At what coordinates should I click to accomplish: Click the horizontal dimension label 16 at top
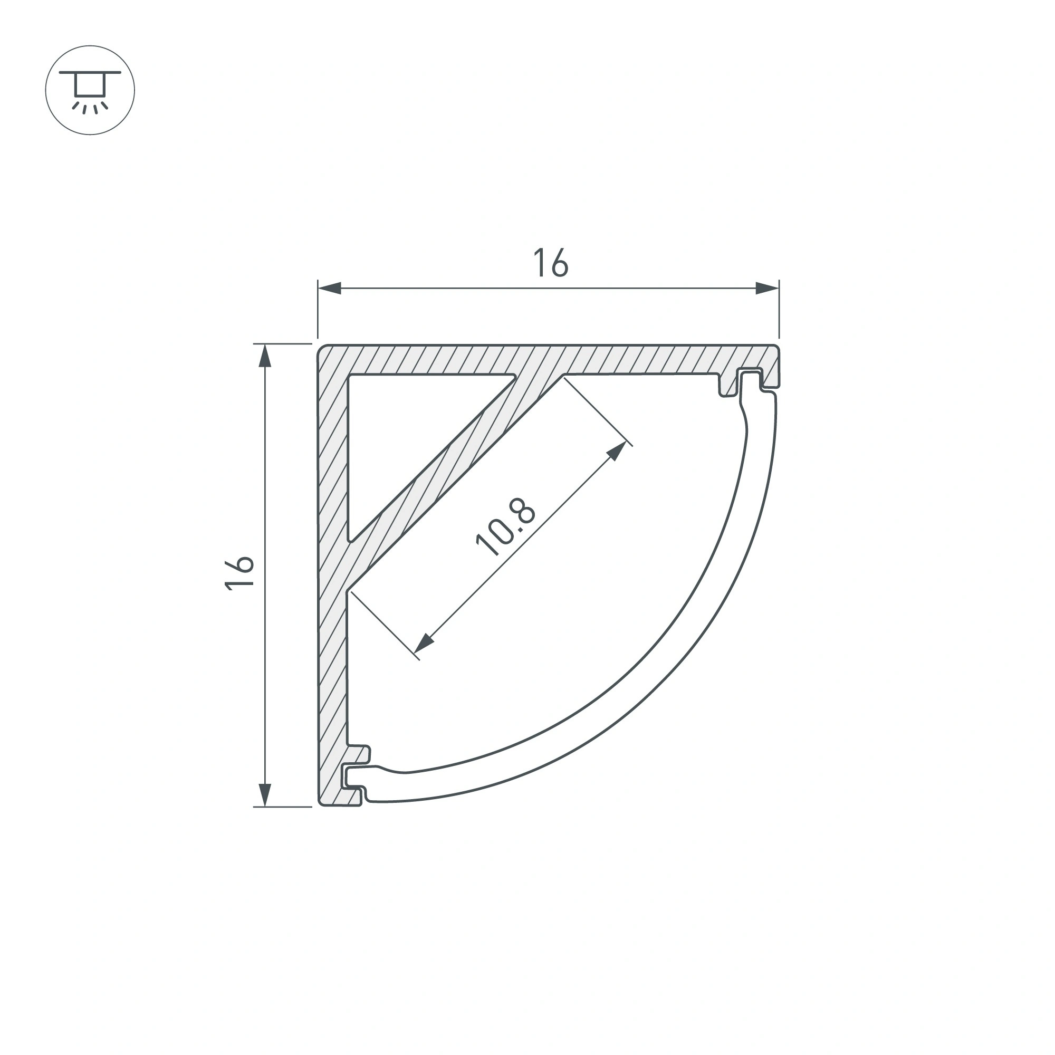550,263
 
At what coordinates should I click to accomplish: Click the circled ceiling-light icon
90,90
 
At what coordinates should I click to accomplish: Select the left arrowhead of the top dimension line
329,289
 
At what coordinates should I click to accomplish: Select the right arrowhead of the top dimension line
767,289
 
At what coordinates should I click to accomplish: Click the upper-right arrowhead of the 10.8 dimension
617,450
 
